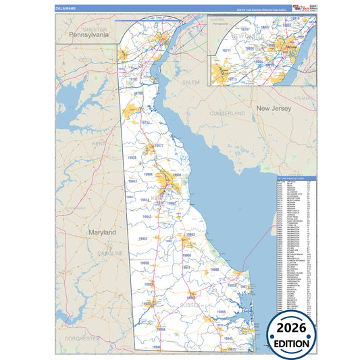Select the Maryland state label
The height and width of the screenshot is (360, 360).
pyautogui.click(x=101, y=232)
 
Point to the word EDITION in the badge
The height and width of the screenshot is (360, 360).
pyautogui.click(x=292, y=343)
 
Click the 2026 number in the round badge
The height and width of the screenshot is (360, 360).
pyautogui.click(x=292, y=328)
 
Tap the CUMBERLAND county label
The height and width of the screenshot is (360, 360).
pyautogui.click(x=228, y=113)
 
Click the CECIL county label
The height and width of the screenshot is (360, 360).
pyautogui.click(x=85, y=59)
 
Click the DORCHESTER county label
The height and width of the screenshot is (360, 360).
pyautogui.click(x=82, y=337)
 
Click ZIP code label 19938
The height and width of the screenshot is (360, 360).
pyautogui.click(x=132, y=157)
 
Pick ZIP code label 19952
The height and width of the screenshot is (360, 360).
pyautogui.click(x=143, y=239)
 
